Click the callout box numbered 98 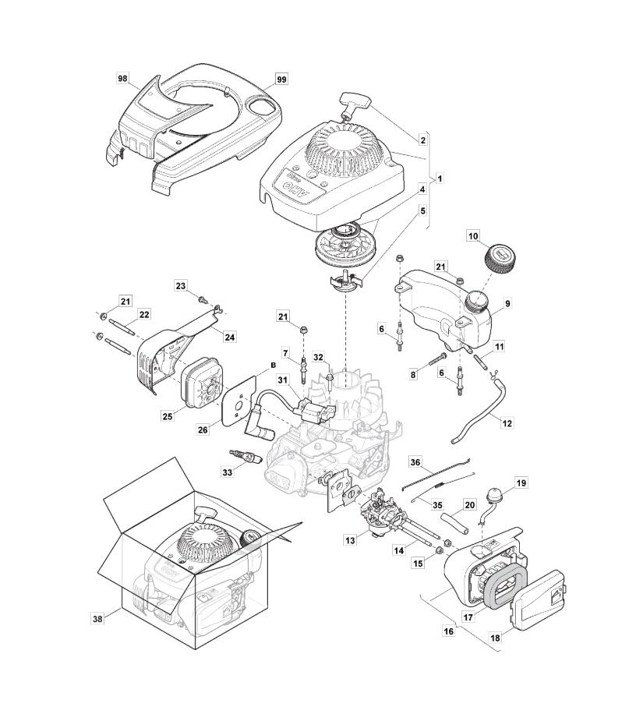pyautogui.click(x=122, y=79)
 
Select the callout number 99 pyautogui.click(x=282, y=80)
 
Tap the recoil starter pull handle pyautogui.click(x=352, y=103)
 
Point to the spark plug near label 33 pyautogui.click(x=246, y=456)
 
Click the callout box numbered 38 pyautogui.click(x=97, y=619)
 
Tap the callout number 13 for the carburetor pyautogui.click(x=350, y=540)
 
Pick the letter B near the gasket pyautogui.click(x=273, y=365)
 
